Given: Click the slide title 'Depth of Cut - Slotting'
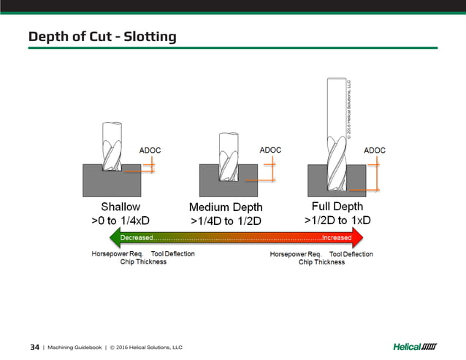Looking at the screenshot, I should coord(102,36).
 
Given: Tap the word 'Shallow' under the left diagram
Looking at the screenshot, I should coord(121,207).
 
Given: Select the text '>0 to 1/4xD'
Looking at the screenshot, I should coord(121,220).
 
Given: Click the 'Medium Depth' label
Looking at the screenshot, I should coord(226,207).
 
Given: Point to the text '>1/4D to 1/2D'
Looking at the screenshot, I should coord(226,221).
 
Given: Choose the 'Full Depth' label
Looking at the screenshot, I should coord(337,206).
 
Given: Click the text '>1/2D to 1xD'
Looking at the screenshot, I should coord(337,220).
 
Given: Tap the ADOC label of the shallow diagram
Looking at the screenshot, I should coord(150,150).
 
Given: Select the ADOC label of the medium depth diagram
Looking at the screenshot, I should coord(270,150).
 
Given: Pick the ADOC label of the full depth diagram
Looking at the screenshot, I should coord(375,150).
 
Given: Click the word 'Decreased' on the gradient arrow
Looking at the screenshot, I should coord(137,237).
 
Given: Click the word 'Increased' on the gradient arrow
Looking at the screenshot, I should coord(337,237).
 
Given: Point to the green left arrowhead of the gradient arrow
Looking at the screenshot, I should coord(113,237).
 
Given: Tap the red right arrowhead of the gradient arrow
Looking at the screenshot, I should coord(358,237).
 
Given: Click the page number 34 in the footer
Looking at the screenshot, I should coord(34,347).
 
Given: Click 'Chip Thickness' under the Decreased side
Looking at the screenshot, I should coord(143,262).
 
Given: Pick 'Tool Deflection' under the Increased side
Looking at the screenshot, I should coord(351,254).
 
